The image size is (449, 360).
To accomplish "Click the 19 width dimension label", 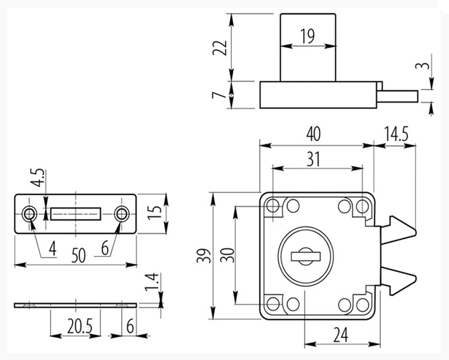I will [307, 36].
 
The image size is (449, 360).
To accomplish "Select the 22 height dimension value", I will [223, 47].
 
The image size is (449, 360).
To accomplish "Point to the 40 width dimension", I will [314, 134].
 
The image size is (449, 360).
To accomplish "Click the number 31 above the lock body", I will [314, 159].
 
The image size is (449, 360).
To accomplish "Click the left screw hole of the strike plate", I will [30, 214].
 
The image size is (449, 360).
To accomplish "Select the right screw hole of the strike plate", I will [122, 214].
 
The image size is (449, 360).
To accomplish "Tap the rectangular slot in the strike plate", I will [75, 214].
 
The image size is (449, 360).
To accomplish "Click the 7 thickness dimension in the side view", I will [216, 95].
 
